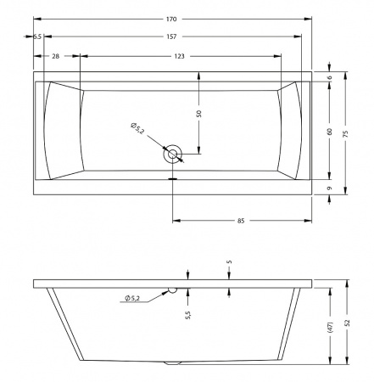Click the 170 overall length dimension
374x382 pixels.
[x=171, y=20]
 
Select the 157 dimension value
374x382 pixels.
[x=171, y=37]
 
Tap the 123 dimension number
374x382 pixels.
[x=179, y=56]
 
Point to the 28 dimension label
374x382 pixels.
[x=56, y=56]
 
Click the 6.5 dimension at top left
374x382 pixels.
[x=37, y=37]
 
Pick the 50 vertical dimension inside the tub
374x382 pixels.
[x=199, y=114]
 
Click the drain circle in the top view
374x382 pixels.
[x=172, y=154]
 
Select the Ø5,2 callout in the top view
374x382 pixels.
[x=137, y=129]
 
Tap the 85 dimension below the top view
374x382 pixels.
[x=241, y=221]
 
